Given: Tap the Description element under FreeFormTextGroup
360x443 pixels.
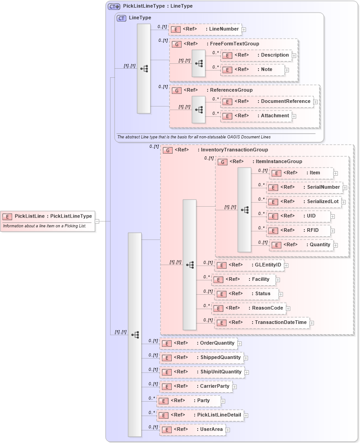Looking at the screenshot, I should (x=256, y=55).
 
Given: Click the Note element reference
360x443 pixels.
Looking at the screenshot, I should (x=253, y=70).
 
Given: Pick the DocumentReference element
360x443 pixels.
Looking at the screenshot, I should (x=267, y=102).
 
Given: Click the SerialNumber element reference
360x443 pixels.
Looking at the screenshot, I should (x=305, y=187).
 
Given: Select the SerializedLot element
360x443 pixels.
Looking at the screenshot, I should (x=304, y=201).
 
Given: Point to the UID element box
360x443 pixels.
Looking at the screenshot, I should (x=299, y=216).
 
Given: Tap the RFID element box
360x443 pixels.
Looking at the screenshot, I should (x=299, y=230).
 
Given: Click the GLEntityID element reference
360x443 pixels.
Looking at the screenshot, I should (x=249, y=265).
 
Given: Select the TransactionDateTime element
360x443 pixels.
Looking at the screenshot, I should (x=262, y=323).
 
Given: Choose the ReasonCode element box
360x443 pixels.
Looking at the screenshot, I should (x=249, y=308).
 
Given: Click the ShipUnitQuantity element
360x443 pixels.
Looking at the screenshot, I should (x=202, y=372).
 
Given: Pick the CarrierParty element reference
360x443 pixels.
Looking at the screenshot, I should (x=196, y=386).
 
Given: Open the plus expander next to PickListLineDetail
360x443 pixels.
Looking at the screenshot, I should (x=246, y=416).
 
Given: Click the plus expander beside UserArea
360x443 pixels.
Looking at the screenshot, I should (x=227, y=430).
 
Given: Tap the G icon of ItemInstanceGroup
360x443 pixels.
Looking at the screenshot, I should (x=222, y=162).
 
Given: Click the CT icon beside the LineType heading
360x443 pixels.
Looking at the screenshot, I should (x=121, y=18).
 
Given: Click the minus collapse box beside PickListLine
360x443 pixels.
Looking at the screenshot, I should (x=97, y=221).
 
